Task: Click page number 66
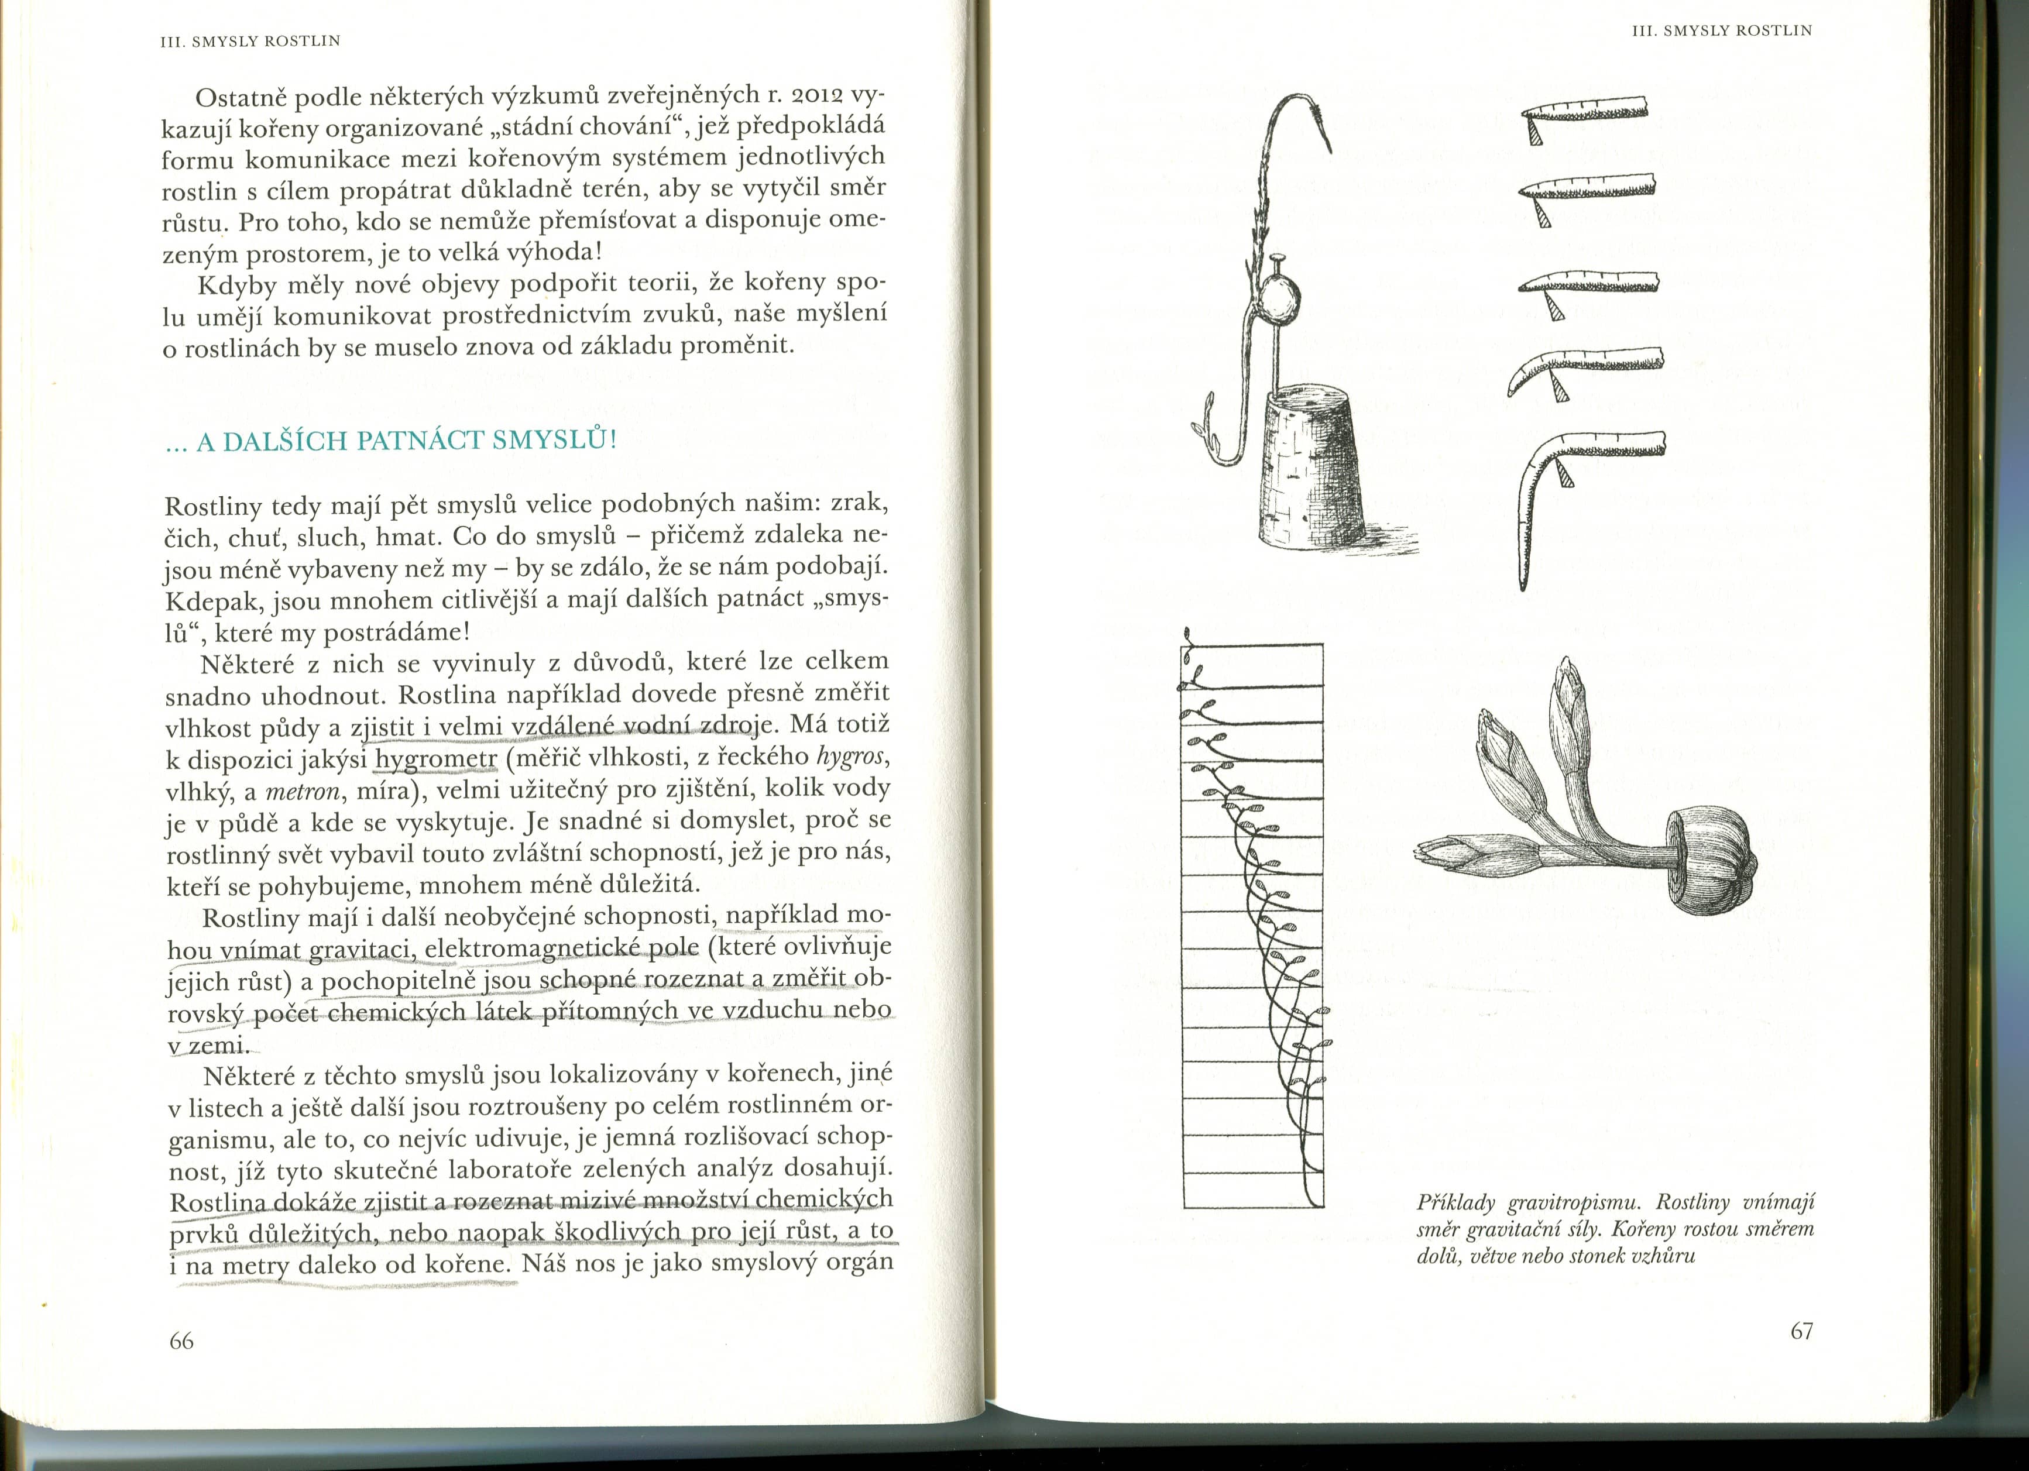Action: [x=181, y=1341]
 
